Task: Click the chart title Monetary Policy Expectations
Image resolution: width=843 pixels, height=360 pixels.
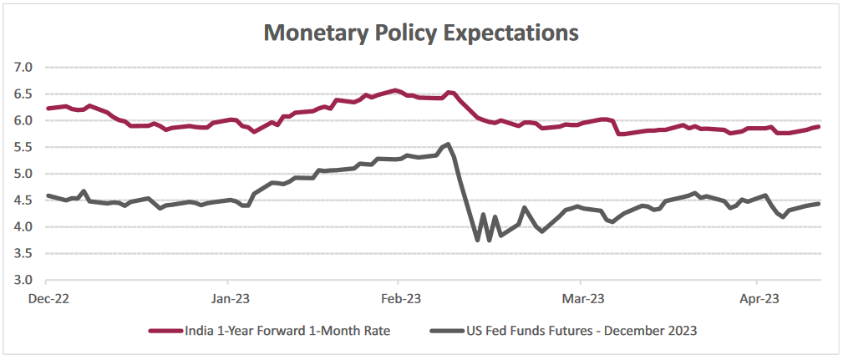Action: tap(421, 33)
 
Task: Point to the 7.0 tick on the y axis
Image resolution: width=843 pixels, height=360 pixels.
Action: tap(22, 67)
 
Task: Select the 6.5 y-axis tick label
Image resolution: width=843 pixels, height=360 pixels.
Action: tap(22, 94)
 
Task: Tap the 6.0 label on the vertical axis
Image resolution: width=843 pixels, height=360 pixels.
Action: tap(22, 120)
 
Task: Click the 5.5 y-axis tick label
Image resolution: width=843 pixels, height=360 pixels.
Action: tap(22, 147)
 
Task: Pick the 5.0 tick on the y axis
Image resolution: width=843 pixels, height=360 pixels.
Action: tap(22, 174)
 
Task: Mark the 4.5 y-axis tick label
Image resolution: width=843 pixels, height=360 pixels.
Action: tap(22, 200)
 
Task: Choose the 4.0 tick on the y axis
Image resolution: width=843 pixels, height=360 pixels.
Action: tap(22, 226)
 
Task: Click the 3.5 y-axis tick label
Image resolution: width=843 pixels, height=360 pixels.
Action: tap(22, 253)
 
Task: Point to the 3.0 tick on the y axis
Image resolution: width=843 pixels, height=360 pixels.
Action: tap(22, 280)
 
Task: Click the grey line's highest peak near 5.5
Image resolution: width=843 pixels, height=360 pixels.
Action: tap(449, 145)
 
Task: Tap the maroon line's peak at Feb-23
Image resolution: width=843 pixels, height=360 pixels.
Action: tap(395, 90)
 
